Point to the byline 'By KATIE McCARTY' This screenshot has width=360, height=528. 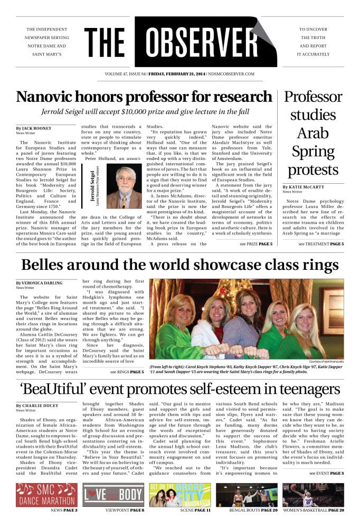(x=305, y=187)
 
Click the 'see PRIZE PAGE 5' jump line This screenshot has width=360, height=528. (x=256, y=244)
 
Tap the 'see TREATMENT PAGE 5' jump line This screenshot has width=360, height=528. (x=321, y=244)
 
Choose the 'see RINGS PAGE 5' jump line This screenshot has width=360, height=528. (x=127, y=372)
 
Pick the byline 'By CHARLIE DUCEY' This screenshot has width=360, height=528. (x=35, y=406)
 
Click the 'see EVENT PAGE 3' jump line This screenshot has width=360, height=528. (x=326, y=473)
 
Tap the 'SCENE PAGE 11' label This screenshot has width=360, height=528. (x=179, y=511)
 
